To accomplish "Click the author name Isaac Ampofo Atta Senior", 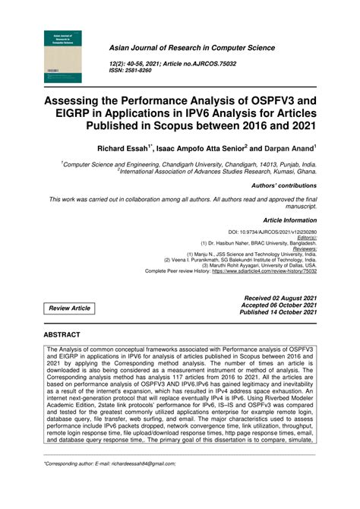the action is coord(198,149).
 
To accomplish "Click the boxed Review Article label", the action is coord(70,308).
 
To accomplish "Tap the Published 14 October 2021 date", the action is coord(279,312).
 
